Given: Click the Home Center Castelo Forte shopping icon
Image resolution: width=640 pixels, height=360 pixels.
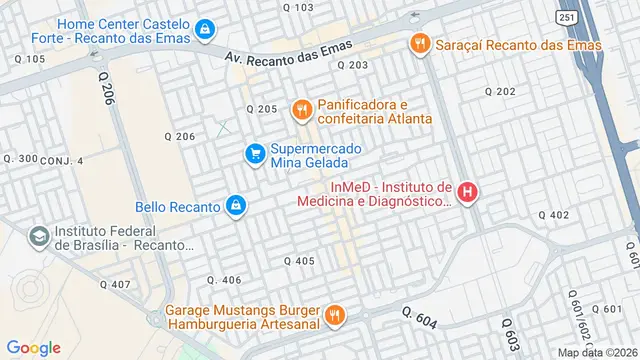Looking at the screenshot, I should [x=205, y=29].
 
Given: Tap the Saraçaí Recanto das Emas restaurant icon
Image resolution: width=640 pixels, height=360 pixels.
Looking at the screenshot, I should [x=419, y=43].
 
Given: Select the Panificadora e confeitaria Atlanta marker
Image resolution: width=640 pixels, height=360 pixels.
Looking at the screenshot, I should [x=299, y=109].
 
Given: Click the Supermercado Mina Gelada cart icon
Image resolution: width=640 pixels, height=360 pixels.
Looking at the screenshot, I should [x=256, y=153].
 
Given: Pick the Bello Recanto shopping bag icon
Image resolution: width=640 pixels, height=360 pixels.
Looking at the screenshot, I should [x=235, y=206].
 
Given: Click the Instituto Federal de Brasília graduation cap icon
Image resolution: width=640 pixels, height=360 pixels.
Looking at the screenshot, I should [x=38, y=237].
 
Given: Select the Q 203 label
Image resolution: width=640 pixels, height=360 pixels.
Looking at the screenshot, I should [x=353, y=65].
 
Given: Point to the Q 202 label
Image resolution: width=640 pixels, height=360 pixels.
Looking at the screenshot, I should [x=499, y=91].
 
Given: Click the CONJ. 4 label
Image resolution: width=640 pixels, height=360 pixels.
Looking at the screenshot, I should [x=62, y=160].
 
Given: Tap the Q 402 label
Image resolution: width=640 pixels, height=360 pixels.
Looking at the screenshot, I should [x=553, y=215].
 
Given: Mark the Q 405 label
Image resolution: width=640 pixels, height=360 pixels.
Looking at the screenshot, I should [x=299, y=261].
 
